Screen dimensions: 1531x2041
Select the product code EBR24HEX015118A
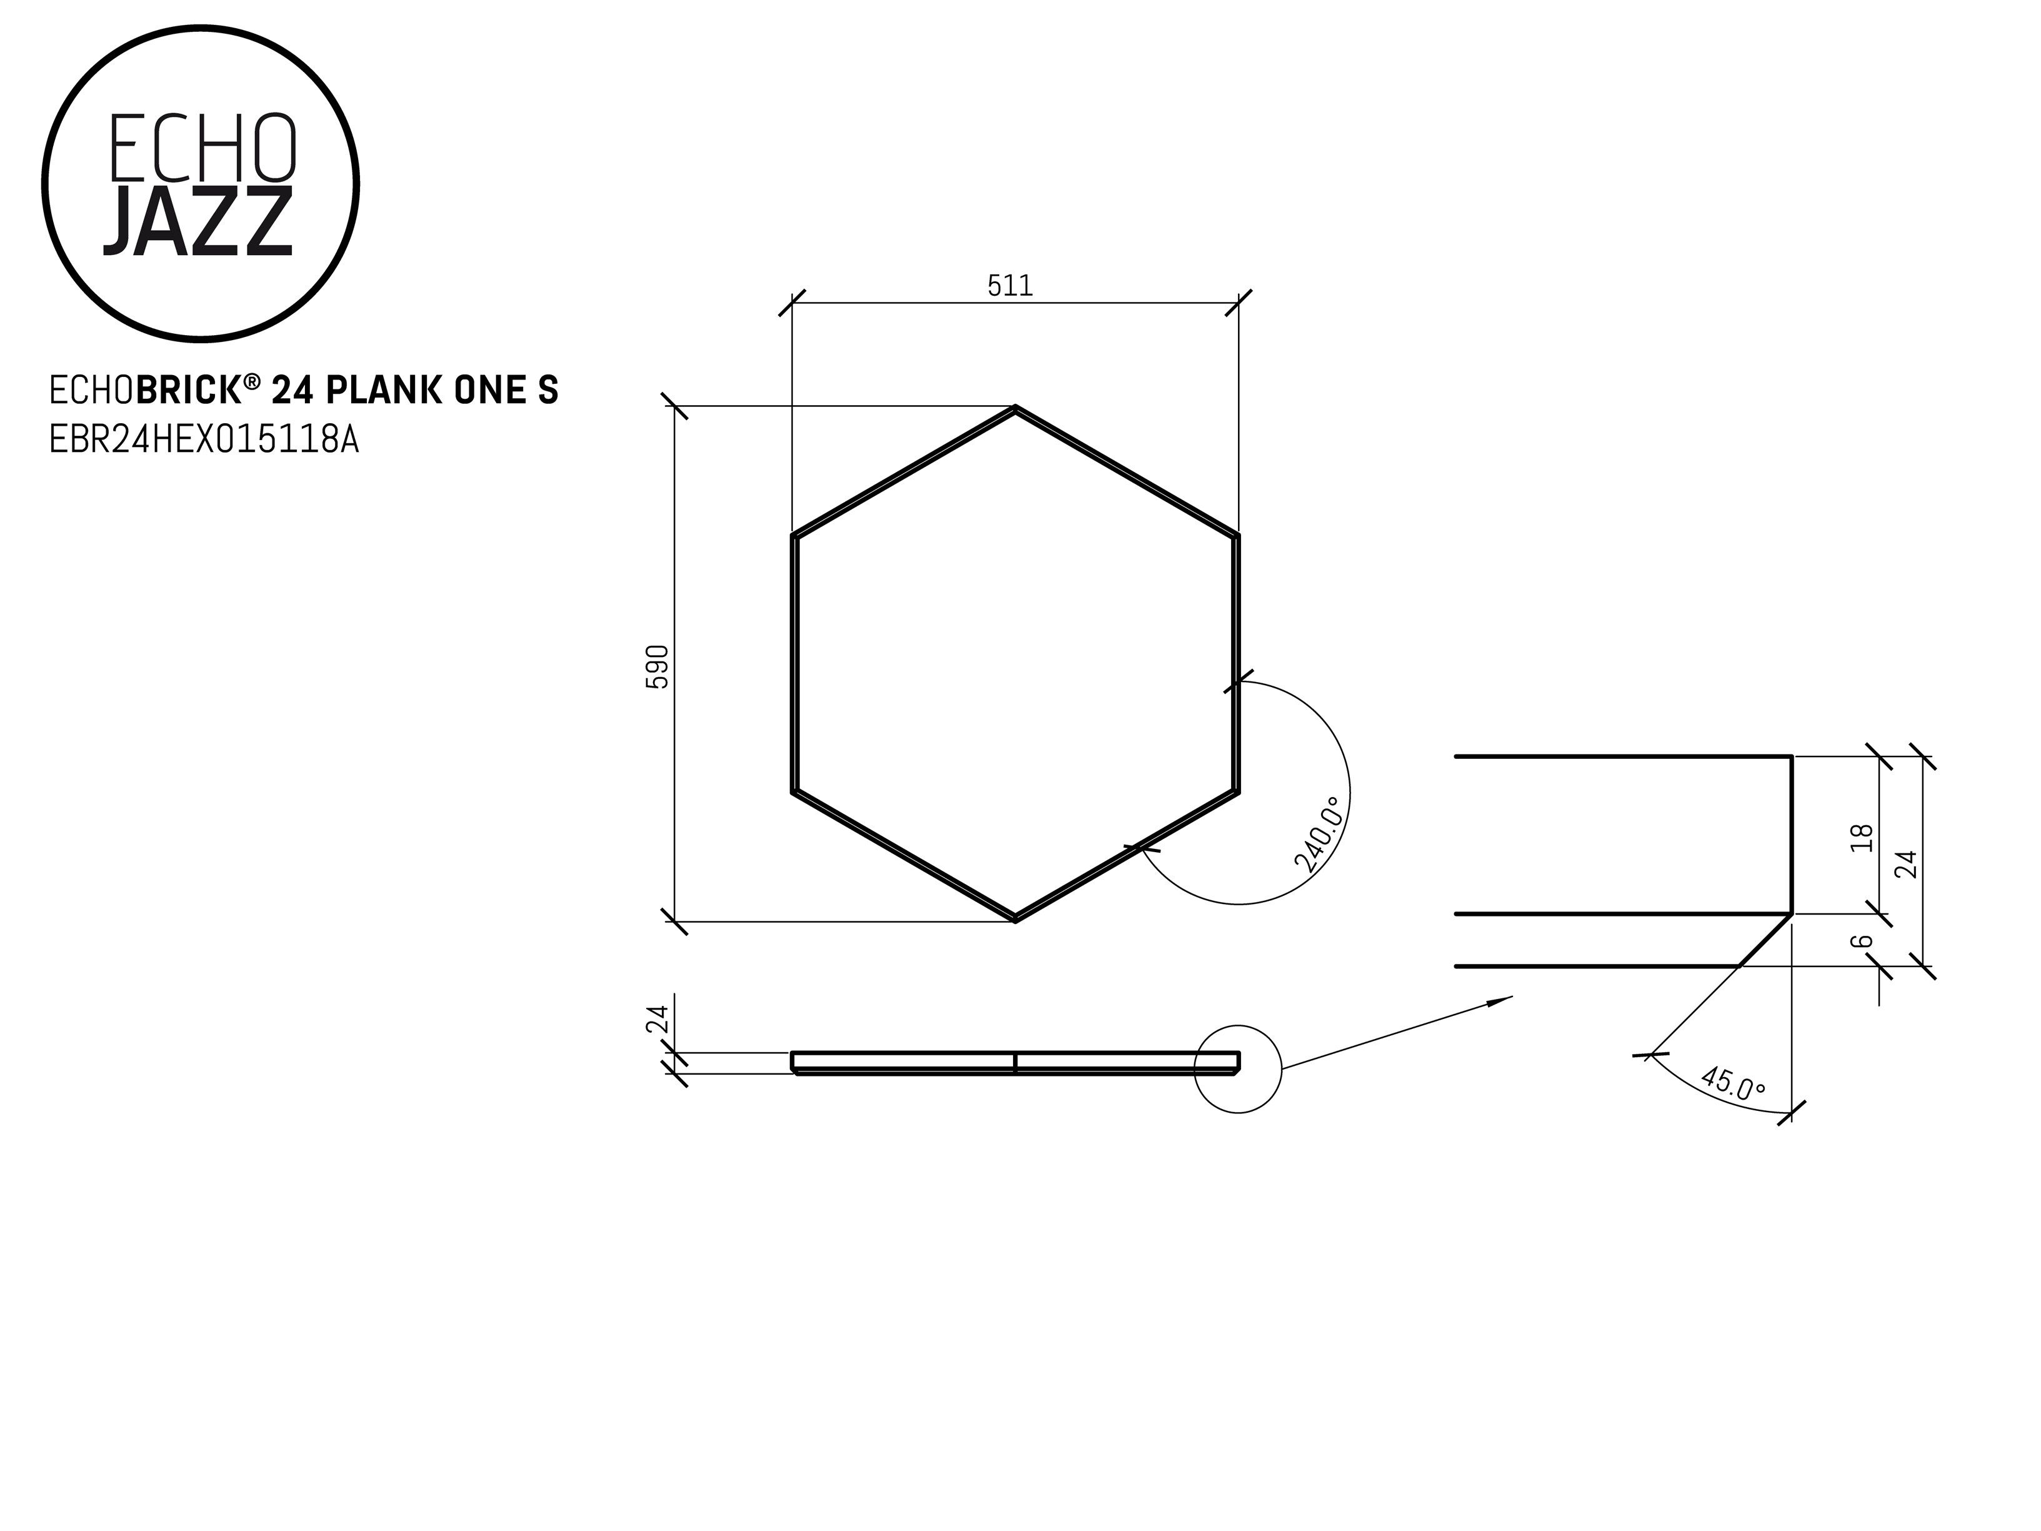(x=204, y=440)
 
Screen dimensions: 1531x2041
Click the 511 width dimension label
(x=1011, y=286)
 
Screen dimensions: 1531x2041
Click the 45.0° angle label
(x=1733, y=1083)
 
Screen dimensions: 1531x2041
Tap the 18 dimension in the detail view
(x=1863, y=837)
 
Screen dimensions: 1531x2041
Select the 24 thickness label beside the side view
(x=657, y=1019)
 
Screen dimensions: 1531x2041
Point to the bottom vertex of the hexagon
(x=1015, y=919)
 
